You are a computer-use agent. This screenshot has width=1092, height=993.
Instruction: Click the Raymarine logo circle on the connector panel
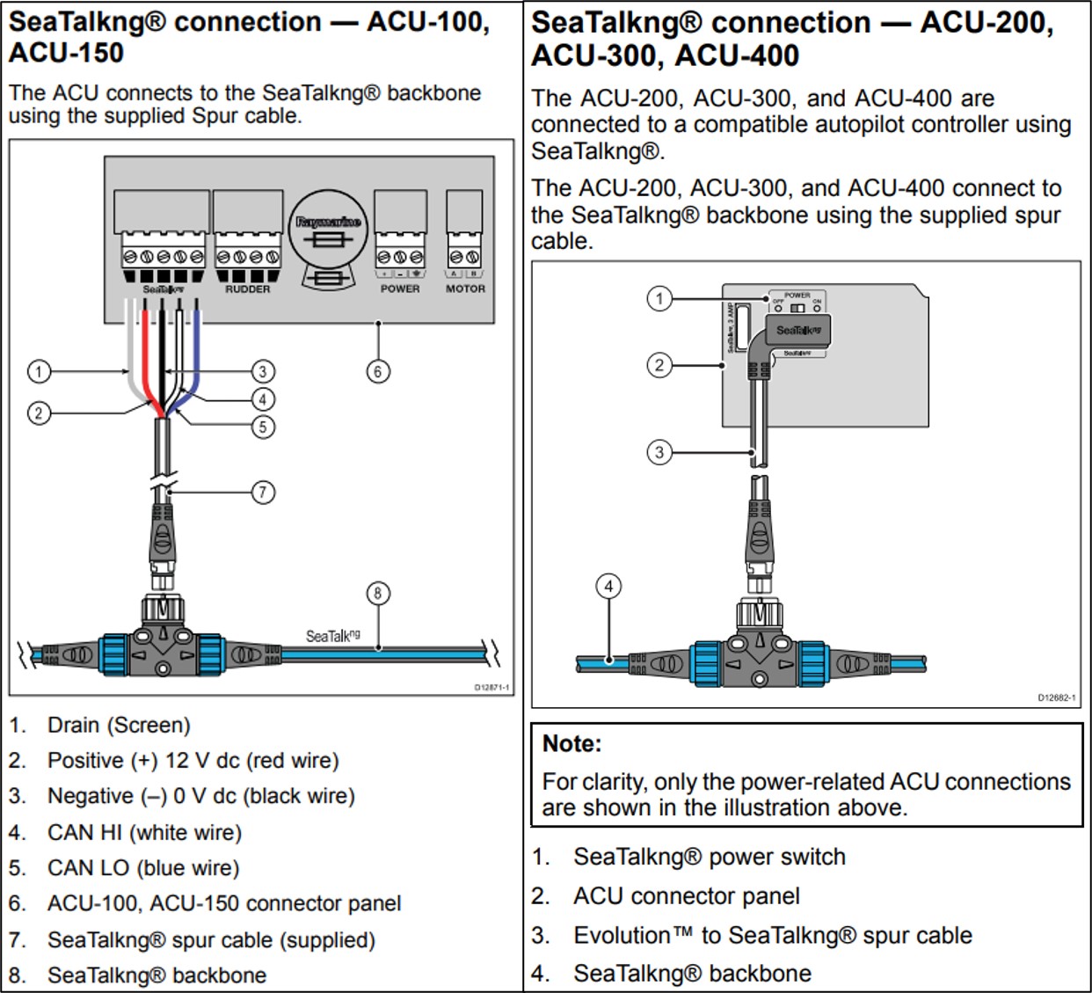pyautogui.click(x=329, y=227)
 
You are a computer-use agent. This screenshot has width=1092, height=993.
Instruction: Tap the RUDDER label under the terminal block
pyautogui.click(x=247, y=289)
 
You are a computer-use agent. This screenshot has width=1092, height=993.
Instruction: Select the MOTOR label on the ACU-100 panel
pyautogui.click(x=465, y=288)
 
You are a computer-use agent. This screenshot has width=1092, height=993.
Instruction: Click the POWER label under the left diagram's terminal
pyautogui.click(x=400, y=288)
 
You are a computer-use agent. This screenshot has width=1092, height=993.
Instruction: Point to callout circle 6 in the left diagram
pyautogui.click(x=378, y=371)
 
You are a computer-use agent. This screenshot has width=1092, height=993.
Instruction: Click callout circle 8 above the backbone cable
pyautogui.click(x=378, y=594)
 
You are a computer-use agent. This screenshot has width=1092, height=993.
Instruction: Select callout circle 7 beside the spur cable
pyautogui.click(x=263, y=492)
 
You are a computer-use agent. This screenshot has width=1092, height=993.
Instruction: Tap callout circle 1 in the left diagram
pyautogui.click(x=39, y=371)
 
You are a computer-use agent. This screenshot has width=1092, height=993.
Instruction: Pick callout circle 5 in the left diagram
pyautogui.click(x=263, y=427)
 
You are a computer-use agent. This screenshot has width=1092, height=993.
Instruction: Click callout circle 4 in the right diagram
pyautogui.click(x=608, y=587)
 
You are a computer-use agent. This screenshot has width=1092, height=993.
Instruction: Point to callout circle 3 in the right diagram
pyautogui.click(x=659, y=453)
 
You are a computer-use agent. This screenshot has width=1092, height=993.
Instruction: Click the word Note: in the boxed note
pyautogui.click(x=571, y=744)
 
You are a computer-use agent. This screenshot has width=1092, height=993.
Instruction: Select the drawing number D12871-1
pyautogui.click(x=491, y=688)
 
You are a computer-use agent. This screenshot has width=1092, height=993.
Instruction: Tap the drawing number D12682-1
pyautogui.click(x=1056, y=698)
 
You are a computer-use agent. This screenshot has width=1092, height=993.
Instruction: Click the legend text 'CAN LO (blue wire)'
pyautogui.click(x=143, y=868)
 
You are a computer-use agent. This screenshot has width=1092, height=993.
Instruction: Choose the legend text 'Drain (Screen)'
pyautogui.click(x=119, y=726)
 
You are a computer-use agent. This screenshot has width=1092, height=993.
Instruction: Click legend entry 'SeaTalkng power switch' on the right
pyautogui.click(x=710, y=857)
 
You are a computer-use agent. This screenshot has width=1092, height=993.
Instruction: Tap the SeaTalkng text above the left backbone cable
pyautogui.click(x=332, y=636)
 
